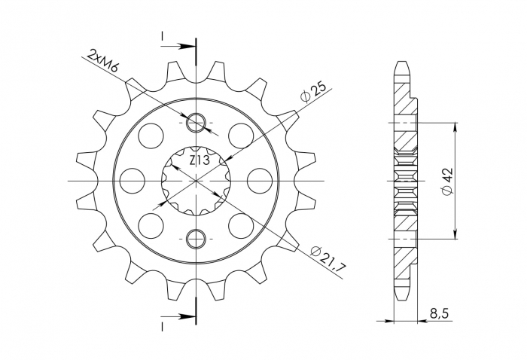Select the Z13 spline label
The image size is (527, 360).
point(199,160)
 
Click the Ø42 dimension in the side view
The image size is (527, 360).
point(448,182)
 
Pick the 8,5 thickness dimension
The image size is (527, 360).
point(437,311)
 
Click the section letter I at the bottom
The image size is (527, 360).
point(162,325)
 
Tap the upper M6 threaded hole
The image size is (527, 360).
point(196,123)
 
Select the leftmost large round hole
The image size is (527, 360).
point(133,181)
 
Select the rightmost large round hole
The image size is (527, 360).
point(259,181)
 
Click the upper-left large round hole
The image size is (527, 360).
point(151,136)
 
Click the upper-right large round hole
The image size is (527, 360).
point(240,136)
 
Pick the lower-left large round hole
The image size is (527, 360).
point(151,225)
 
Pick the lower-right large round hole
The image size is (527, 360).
point(240,225)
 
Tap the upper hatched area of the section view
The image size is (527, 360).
point(403,136)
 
